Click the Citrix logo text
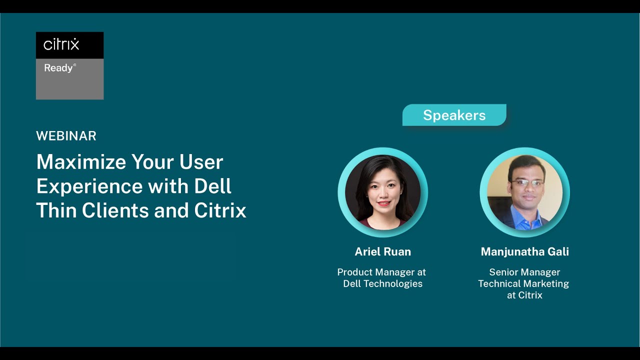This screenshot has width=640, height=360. click(x=61, y=45)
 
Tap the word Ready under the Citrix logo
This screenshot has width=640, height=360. click(x=58, y=68)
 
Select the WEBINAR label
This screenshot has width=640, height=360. click(x=66, y=136)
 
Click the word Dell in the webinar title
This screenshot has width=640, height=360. click(x=212, y=186)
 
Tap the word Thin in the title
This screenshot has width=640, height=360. click(x=56, y=210)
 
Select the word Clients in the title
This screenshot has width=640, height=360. click(x=115, y=210)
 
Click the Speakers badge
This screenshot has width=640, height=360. click(x=454, y=115)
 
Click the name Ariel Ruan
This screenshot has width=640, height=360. click(x=382, y=251)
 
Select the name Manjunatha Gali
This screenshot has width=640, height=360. click(x=524, y=251)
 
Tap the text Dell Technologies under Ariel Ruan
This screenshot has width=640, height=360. click(x=382, y=283)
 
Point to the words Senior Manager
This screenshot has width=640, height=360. click(x=524, y=272)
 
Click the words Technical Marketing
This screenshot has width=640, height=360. click(x=523, y=283)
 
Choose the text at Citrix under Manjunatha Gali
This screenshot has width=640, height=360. click(x=524, y=295)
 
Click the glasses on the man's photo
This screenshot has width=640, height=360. click(x=525, y=183)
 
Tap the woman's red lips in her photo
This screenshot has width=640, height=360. click(x=383, y=204)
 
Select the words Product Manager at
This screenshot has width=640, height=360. click(x=381, y=272)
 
